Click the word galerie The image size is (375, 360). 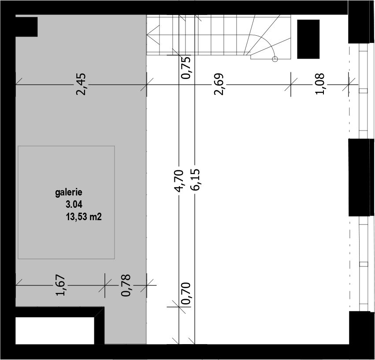click(x=69, y=193)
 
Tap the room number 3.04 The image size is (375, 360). click(x=74, y=204)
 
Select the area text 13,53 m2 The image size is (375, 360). click(x=84, y=217)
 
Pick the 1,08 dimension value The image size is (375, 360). click(x=320, y=84)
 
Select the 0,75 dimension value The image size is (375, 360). click(x=186, y=67)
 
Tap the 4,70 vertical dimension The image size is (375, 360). click(x=179, y=181)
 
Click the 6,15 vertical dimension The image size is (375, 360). click(x=195, y=180)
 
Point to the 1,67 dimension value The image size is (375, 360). click(x=60, y=285)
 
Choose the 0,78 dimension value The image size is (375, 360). click(x=126, y=285)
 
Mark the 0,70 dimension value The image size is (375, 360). click(x=186, y=293)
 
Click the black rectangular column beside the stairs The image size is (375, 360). click(x=308, y=39)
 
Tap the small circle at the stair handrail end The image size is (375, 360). click(x=275, y=59)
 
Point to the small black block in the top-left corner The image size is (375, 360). click(x=26, y=27)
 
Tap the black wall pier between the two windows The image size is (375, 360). click(x=360, y=178)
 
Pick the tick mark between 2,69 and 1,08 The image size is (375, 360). click(x=291, y=84)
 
